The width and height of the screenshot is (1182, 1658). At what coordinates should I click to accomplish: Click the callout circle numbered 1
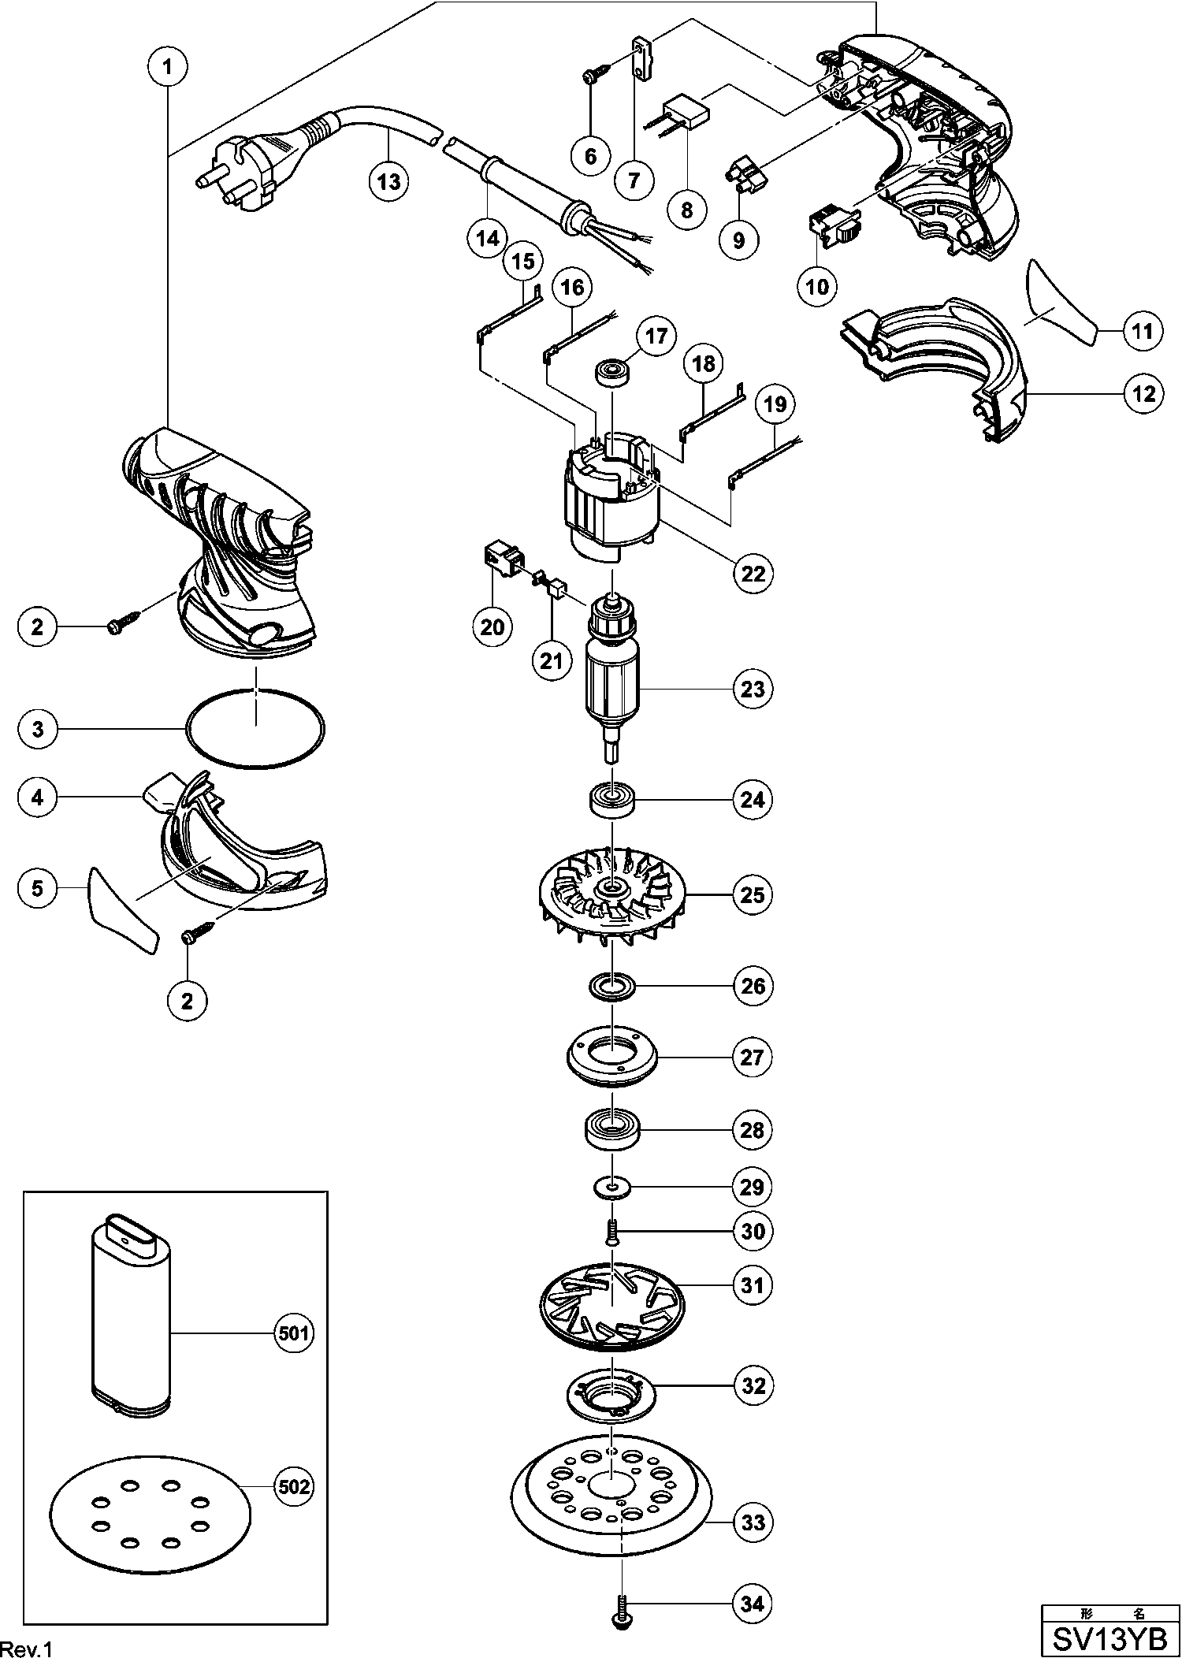click(167, 67)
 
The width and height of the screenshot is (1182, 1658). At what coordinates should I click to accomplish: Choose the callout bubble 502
click(293, 1487)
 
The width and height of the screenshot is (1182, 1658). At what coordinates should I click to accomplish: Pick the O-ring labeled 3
click(255, 729)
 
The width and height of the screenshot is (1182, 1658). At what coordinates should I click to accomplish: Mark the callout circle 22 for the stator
click(753, 573)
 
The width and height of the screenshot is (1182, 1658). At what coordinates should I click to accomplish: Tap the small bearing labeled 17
click(615, 372)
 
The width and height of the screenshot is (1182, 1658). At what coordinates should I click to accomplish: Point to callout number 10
click(818, 286)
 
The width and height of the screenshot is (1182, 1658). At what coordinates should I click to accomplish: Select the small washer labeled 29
click(611, 1186)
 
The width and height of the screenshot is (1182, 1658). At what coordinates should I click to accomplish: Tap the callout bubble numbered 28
click(753, 1131)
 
